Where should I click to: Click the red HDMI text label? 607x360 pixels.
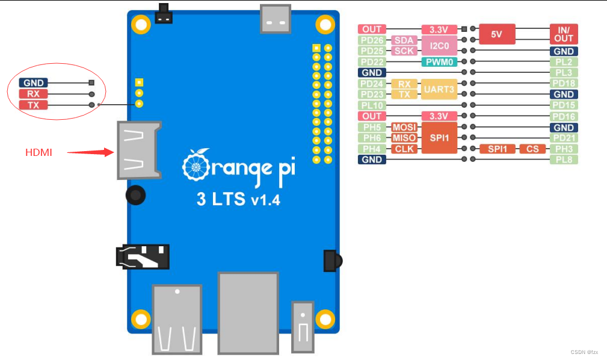point(39,153)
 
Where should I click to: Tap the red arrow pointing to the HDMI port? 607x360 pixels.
point(90,152)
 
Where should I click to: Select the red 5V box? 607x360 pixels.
point(496,34)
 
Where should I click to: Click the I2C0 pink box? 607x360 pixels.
point(439,46)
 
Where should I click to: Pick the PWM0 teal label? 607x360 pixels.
point(439,62)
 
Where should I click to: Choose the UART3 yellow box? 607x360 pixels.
point(439,89)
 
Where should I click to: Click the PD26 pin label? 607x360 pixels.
point(372,40)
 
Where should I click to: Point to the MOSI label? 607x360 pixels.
point(404,128)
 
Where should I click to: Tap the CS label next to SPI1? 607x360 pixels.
point(532,149)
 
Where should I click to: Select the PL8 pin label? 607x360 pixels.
point(564,160)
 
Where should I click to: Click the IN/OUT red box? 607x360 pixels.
point(564,34)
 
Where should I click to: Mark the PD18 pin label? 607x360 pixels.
point(564,84)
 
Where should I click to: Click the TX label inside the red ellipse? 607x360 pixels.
point(33,105)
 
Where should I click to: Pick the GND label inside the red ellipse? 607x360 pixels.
point(33,83)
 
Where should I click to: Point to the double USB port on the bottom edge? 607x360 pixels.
point(177,319)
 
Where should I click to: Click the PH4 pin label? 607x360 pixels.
point(372,149)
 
